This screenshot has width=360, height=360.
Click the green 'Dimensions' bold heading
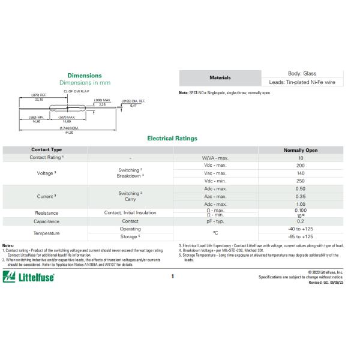pyautogui.click(x=84, y=76)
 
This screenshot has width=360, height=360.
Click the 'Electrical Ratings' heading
pyautogui.click(x=172, y=138)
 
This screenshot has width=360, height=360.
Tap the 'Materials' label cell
pyautogui.click(x=219, y=78)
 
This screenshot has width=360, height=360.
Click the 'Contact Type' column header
pyautogui.click(x=46, y=149)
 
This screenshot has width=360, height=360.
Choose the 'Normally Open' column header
pyautogui.click(x=301, y=150)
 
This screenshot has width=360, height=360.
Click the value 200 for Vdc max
pyautogui.click(x=301, y=165)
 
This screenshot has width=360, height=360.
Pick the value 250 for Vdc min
pyautogui.click(x=301, y=181)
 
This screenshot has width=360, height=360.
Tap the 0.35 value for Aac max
pyautogui.click(x=301, y=196)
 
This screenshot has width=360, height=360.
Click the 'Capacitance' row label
pyautogui.click(x=46, y=221)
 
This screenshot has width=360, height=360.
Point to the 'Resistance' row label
pyautogui.click(x=46, y=212)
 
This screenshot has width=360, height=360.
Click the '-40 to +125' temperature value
pyautogui.click(x=301, y=229)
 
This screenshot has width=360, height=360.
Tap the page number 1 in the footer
pyautogui.click(x=189, y=277)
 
